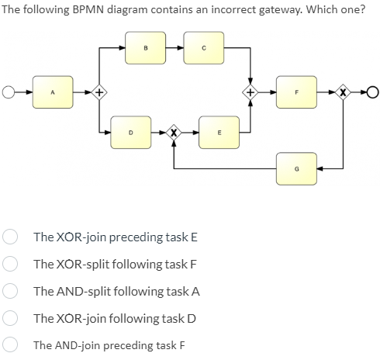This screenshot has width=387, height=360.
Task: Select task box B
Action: [x=146, y=48]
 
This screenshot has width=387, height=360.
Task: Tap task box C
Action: [x=203, y=48]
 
